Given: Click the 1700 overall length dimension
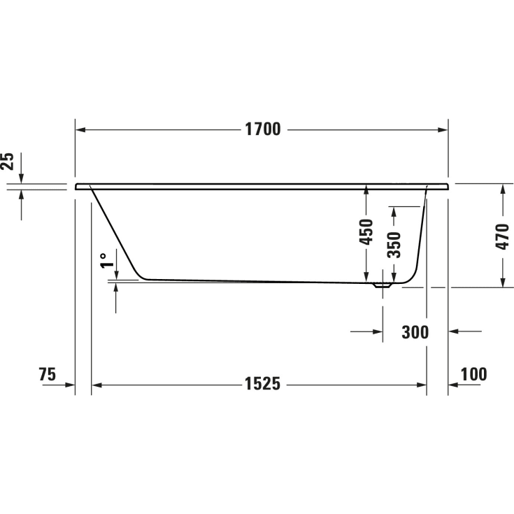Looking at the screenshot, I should [262, 129].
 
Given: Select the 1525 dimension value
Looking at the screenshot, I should [262, 384].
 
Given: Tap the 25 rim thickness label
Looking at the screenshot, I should [8, 162].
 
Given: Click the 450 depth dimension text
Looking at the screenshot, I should [366, 232].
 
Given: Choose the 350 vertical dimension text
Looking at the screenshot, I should [394, 245].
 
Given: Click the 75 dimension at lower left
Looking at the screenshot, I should [47, 374].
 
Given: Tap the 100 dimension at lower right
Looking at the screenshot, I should [473, 374].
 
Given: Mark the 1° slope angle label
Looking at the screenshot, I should [106, 261].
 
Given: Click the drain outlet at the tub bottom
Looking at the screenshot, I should [383, 285].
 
